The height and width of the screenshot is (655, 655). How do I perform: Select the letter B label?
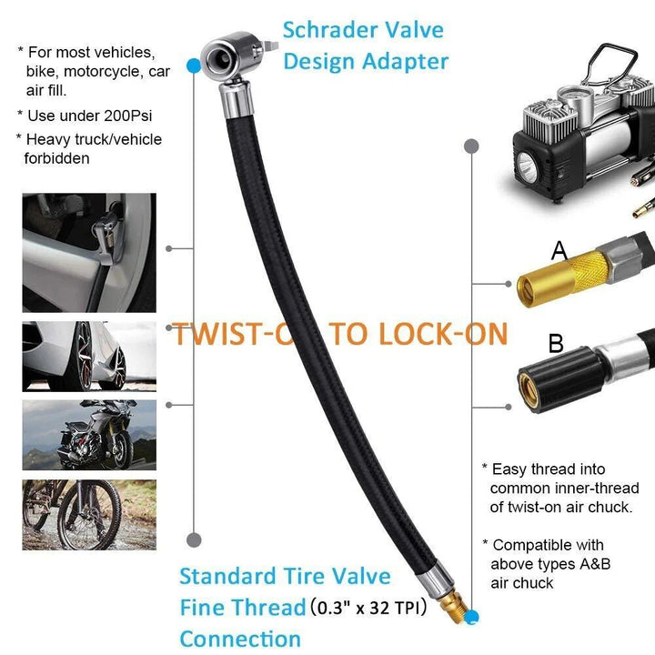click(x=556, y=344)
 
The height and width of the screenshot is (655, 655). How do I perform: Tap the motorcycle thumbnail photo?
click(x=89, y=435)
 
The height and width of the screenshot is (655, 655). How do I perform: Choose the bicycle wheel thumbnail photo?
click(x=89, y=515)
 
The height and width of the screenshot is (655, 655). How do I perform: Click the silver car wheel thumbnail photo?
click(x=89, y=356)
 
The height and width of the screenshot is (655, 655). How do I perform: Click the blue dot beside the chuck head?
click(x=193, y=65)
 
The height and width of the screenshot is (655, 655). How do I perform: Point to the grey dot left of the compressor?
click(x=470, y=146)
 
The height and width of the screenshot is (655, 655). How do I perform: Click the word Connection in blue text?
click(x=240, y=638)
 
